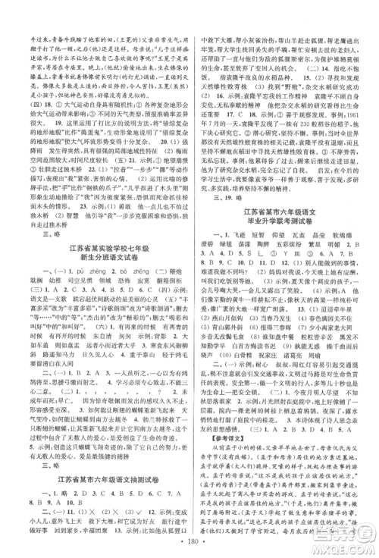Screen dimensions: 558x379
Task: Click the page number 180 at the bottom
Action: tap(190, 547)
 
